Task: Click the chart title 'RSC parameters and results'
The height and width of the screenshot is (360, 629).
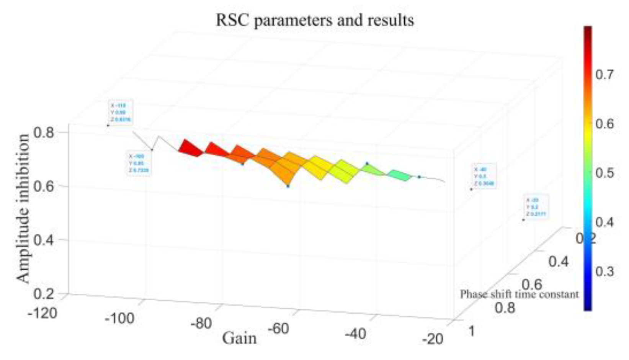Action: (x=315, y=20)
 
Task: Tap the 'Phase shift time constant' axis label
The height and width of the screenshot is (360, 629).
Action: (x=519, y=294)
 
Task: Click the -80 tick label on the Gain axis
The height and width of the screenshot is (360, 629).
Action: (x=201, y=324)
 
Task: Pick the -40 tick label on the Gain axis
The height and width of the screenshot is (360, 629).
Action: (x=355, y=334)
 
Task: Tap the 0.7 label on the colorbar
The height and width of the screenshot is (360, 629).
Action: (x=604, y=74)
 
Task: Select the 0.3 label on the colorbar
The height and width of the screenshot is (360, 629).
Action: (x=604, y=271)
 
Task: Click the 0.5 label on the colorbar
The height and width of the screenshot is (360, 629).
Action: (x=604, y=173)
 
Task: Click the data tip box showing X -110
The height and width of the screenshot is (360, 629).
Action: (x=120, y=113)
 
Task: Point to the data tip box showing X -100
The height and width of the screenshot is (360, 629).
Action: (x=139, y=164)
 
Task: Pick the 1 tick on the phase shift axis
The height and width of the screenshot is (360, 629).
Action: (x=472, y=331)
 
